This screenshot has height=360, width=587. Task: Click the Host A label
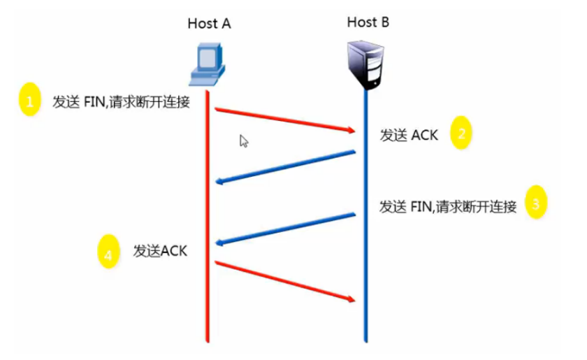209,23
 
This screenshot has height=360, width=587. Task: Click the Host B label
368,22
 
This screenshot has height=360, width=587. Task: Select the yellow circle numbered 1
29,102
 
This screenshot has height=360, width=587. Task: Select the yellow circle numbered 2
463,134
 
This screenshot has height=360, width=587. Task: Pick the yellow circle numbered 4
108,254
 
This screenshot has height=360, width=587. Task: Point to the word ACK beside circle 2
424,135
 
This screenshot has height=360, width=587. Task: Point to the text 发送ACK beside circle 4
160,251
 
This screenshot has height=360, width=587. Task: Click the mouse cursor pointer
243,140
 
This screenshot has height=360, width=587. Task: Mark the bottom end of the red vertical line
208,343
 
